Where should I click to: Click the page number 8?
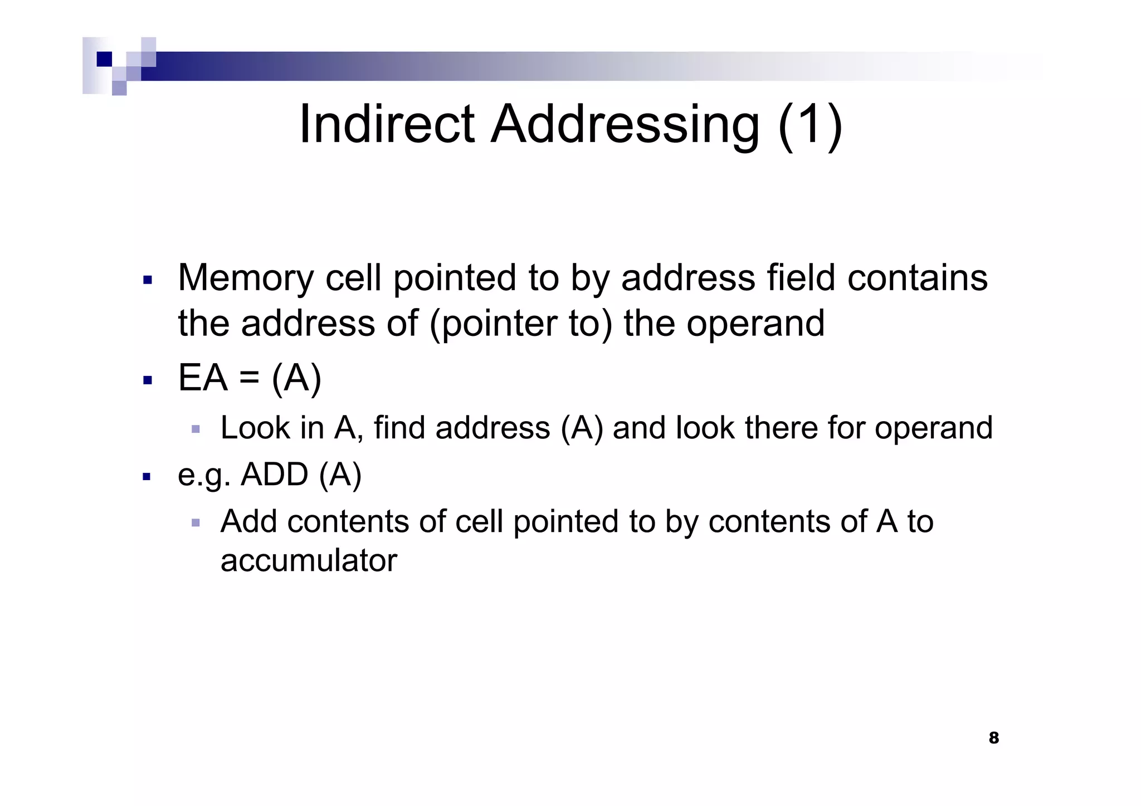pyautogui.click(x=993, y=738)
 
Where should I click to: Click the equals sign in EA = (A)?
pyautogui.click(x=250, y=379)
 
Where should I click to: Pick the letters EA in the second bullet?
pyautogui.click(x=203, y=379)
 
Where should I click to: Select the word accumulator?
pyautogui.click(x=309, y=560)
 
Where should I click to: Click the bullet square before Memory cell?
pyautogui.click(x=148, y=280)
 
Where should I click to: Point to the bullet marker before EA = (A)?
pyautogui.click(x=148, y=381)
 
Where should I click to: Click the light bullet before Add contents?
pyautogui.click(x=196, y=523)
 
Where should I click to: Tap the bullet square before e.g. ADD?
pyautogui.click(x=147, y=477)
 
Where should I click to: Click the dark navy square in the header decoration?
pyautogui.click(x=104, y=59)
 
